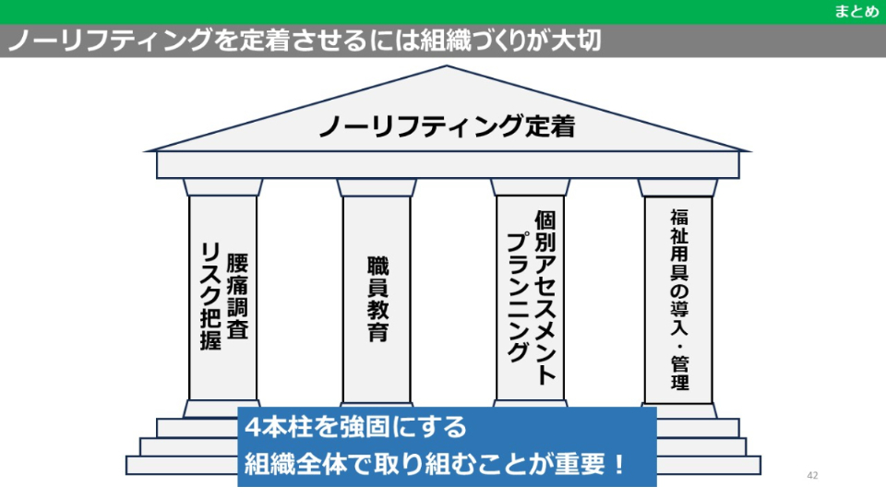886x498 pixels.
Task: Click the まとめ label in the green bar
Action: coord(856,11)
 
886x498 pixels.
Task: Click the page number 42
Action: coord(812,476)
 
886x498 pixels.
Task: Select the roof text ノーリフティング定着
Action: coord(447,126)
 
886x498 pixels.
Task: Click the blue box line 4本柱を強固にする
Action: coord(355,429)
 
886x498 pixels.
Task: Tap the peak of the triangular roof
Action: coord(448,68)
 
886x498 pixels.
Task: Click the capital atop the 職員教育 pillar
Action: coord(377,187)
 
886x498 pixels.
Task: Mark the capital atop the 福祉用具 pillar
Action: coord(678,187)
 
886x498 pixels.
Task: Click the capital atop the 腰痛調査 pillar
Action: coord(223,187)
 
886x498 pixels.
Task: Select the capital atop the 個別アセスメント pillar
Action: coord(530,187)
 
